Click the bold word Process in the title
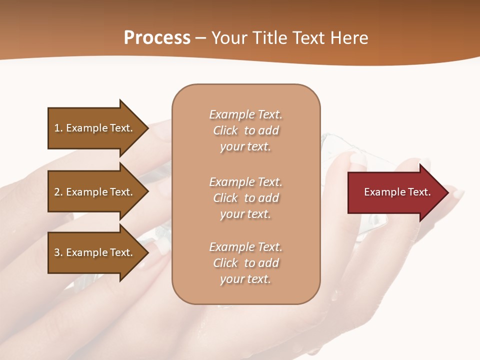pyautogui.click(x=157, y=38)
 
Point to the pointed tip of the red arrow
pyautogui.click(x=447, y=192)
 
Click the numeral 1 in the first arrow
pyautogui.click(x=57, y=128)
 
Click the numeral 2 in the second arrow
pyautogui.click(x=57, y=192)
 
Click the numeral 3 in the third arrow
pyautogui.click(x=57, y=252)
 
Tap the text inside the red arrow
pyautogui.click(x=397, y=192)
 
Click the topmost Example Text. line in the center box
pyautogui.click(x=245, y=114)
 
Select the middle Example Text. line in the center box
pyautogui.click(x=245, y=181)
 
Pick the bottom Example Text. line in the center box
pyautogui.click(x=245, y=247)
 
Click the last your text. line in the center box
pyautogui.click(x=245, y=279)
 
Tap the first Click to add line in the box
pyautogui.click(x=245, y=130)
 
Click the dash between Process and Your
pyautogui.click(x=200, y=38)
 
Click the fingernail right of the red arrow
pyautogui.click(x=458, y=193)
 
